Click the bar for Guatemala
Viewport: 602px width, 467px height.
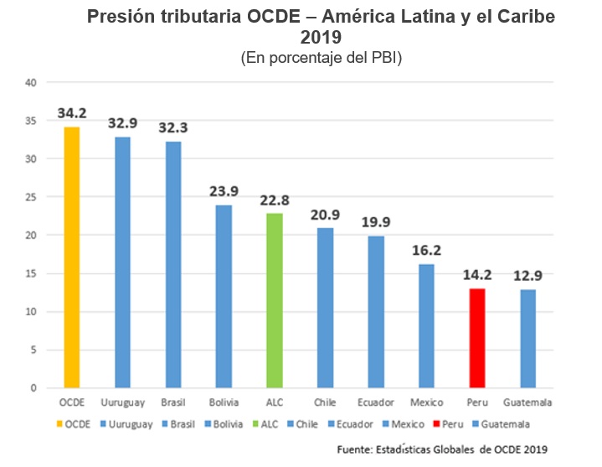coord(527,339)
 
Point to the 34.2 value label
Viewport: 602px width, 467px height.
coord(73,112)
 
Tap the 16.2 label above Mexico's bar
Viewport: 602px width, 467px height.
coord(426,250)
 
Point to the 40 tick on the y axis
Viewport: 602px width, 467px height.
coord(31,82)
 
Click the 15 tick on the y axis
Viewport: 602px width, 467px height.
coord(31,273)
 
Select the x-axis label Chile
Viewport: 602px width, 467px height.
coord(325,403)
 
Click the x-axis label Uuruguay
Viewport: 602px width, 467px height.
coord(123,403)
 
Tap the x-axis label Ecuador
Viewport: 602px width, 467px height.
coord(375,403)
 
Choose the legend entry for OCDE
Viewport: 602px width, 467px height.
coord(77,424)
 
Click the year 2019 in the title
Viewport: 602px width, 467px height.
coord(322,39)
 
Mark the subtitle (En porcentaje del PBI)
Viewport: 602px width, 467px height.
coord(322,58)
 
